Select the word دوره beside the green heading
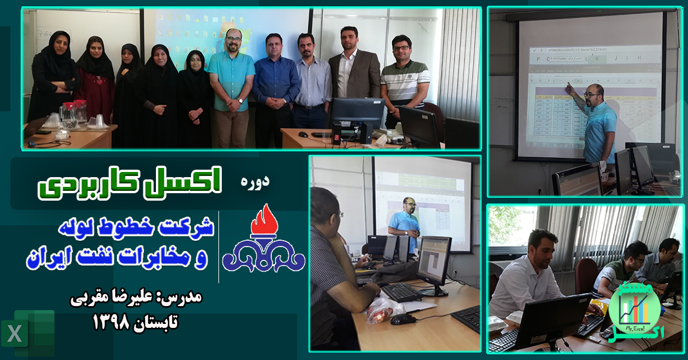pos(255,183)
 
